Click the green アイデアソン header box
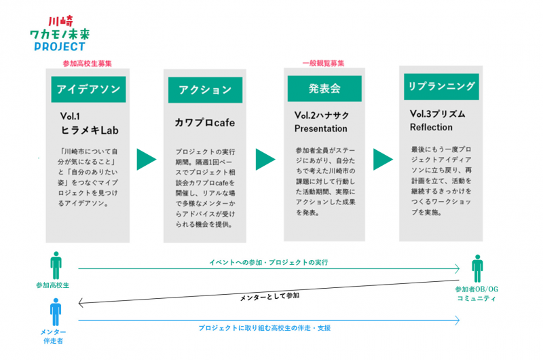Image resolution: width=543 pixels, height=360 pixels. pyautogui.click(x=88, y=90)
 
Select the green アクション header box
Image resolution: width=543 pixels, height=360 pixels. pyautogui.click(x=205, y=90)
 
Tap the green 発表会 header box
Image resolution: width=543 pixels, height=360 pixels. pyautogui.click(x=324, y=89)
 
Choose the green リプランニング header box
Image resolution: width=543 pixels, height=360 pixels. pyautogui.click(x=441, y=87)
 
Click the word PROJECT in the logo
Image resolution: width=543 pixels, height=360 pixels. pyautogui.click(x=60, y=46)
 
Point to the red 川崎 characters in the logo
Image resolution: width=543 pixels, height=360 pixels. pyautogui.click(x=60, y=22)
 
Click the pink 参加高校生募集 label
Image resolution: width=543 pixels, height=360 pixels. pyautogui.click(x=88, y=63)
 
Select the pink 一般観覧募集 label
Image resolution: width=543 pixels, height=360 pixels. pyautogui.click(x=323, y=63)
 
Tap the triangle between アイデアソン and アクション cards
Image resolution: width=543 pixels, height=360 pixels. pyautogui.click(x=145, y=160)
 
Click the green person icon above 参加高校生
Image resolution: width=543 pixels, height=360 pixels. pyautogui.click(x=56, y=266)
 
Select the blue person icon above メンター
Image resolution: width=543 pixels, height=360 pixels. pyautogui.click(x=56, y=312)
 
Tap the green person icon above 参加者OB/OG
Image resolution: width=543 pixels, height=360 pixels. pyautogui.click(x=477, y=268)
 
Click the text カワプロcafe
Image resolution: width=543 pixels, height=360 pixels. pyautogui.click(x=205, y=123)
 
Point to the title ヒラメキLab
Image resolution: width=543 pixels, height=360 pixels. pyautogui.click(x=90, y=130)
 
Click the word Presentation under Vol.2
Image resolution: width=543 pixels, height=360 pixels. pyautogui.click(x=320, y=128)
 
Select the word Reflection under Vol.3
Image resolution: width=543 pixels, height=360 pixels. pyautogui.click(x=431, y=127)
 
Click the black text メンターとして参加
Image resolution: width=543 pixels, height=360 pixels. pyautogui.click(x=269, y=297)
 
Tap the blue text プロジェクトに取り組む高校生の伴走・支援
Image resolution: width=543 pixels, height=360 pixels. pyautogui.click(x=265, y=328)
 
